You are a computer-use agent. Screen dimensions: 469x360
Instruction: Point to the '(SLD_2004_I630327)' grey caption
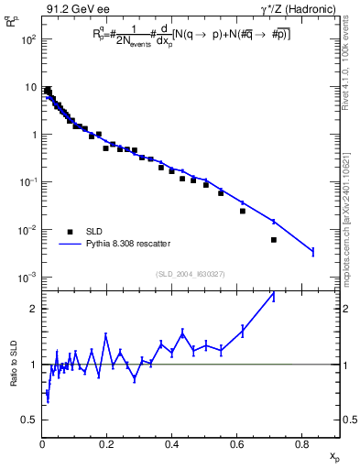click(x=191, y=273)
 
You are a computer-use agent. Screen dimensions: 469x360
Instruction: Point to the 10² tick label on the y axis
click(x=27, y=40)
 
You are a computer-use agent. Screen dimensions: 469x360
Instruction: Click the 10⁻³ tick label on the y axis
click(x=27, y=277)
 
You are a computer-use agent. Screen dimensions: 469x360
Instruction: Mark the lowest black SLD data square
click(x=274, y=240)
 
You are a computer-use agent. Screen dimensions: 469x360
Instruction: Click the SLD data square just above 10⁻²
click(x=243, y=211)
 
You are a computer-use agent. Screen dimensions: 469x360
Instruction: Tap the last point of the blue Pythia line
click(x=313, y=251)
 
